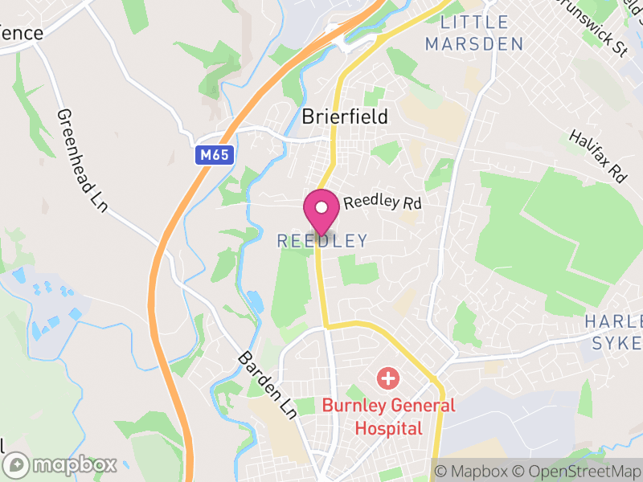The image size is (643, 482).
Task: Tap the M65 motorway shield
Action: tap(215, 155)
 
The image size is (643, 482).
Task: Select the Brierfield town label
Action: tap(345, 116)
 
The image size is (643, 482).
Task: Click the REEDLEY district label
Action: tap(321, 240)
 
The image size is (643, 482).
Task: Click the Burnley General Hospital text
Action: tap(388, 416)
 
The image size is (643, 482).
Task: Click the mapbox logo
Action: tap(61, 464)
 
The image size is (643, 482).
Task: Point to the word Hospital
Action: tap(388, 427)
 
